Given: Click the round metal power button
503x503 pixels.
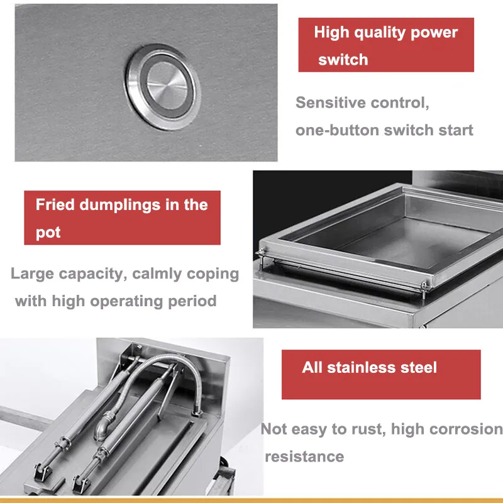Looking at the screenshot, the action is tap(163, 87).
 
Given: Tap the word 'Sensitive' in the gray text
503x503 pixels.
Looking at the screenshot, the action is tap(331, 102).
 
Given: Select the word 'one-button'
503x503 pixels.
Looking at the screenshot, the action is tap(337, 130).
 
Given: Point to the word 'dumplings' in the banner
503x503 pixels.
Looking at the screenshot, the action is tap(119, 206).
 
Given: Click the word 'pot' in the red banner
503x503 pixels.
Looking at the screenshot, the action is tap(48, 233).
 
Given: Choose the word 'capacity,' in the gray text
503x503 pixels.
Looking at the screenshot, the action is tap(93, 275).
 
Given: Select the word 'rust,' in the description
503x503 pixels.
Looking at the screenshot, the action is tap(368, 429).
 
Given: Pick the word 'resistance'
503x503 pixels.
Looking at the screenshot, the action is tap(304, 456).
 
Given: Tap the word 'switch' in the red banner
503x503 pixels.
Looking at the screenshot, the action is tap(343, 60).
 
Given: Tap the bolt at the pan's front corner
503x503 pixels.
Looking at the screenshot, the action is tap(424, 287).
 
